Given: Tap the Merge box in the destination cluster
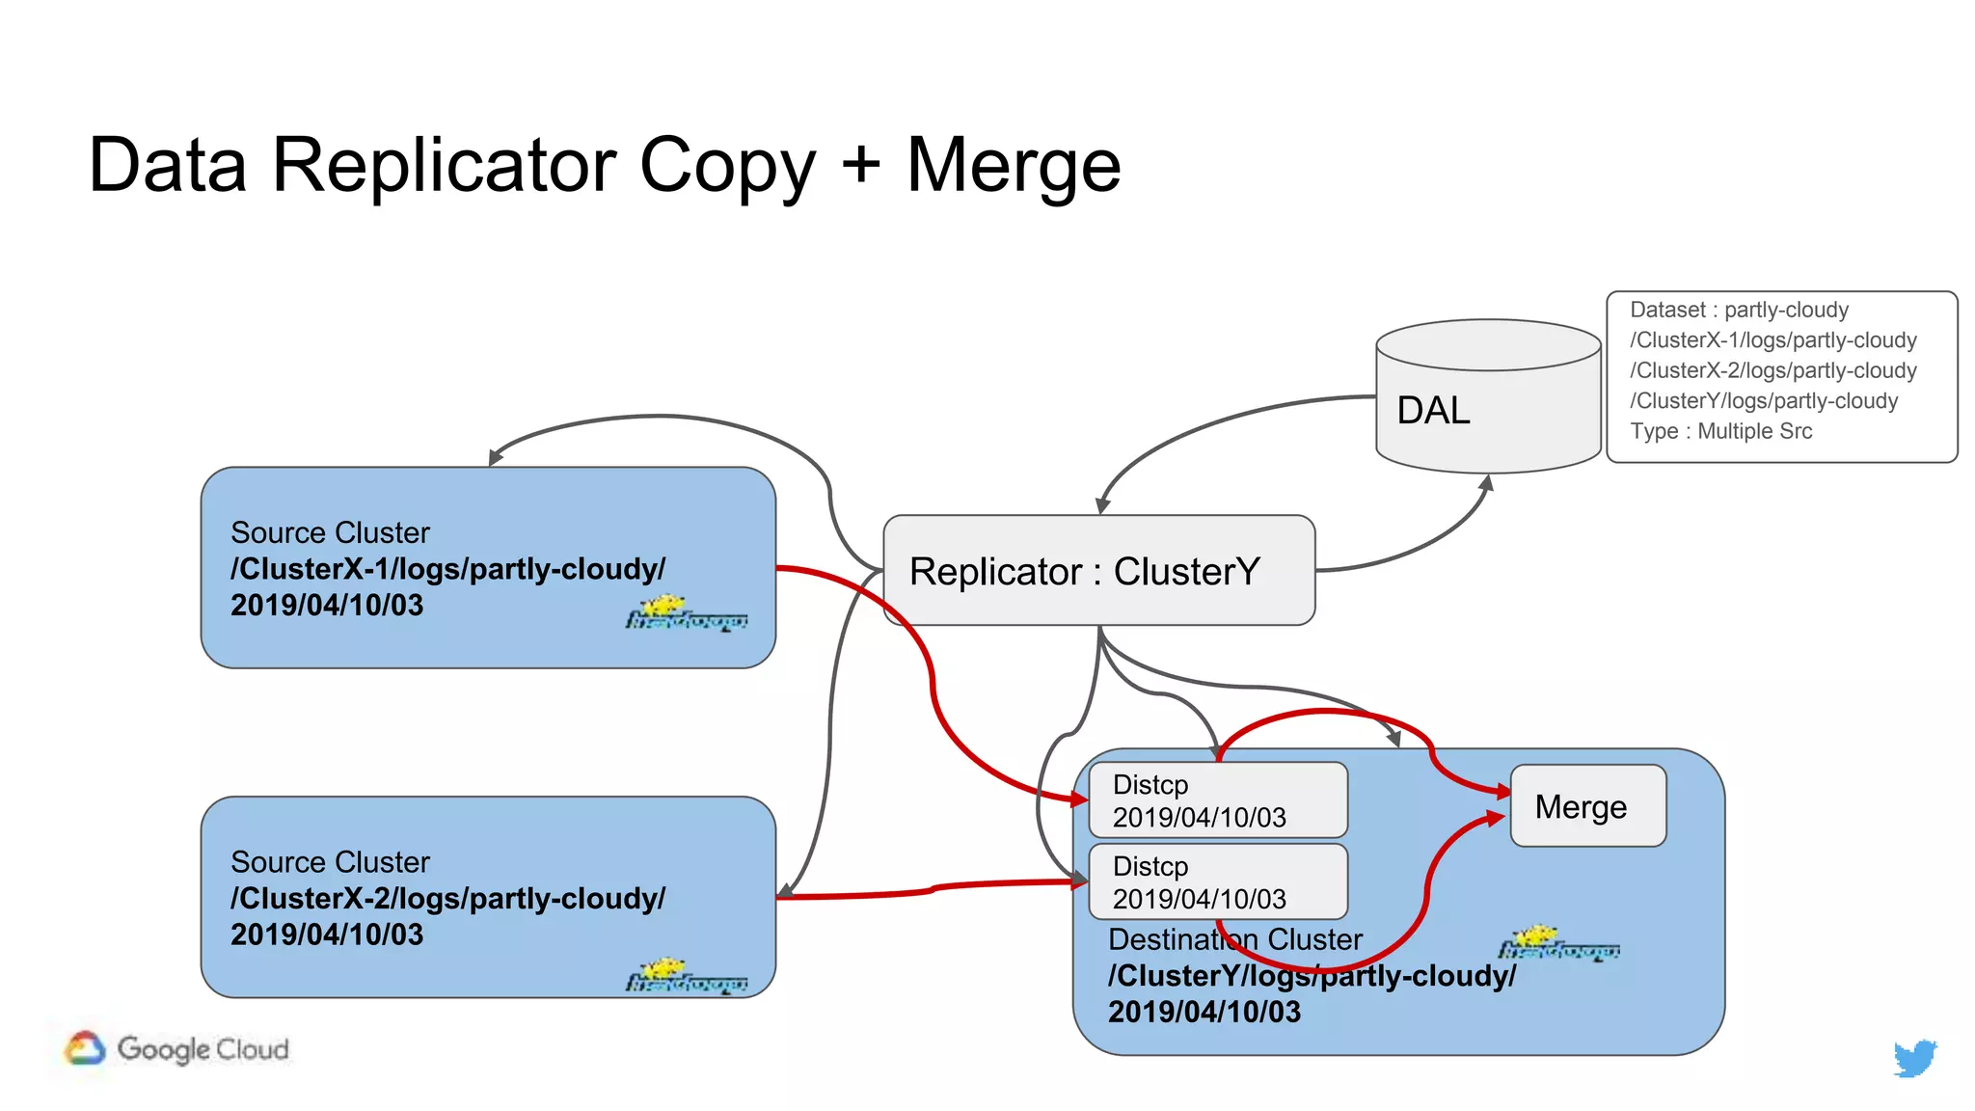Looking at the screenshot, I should coord(1586,806).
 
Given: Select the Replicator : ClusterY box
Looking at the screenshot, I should coord(1098,571).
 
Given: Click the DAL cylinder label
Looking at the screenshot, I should coord(1433,411).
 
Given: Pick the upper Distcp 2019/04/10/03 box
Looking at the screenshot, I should coord(1217,800).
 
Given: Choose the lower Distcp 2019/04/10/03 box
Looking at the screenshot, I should coord(1217,881).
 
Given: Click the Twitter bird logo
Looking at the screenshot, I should coord(1914,1057).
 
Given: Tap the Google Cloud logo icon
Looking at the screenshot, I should coord(85,1048).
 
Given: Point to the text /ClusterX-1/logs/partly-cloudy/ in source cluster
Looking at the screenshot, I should coord(447,569).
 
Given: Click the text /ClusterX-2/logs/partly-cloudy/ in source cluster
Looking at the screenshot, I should coord(447,898).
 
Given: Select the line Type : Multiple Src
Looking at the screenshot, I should coord(1720,431).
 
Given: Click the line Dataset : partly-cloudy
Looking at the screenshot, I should coord(1738,310).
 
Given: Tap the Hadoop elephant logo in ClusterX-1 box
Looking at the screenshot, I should coord(686,613).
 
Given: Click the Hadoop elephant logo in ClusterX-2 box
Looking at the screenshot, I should coord(686,976).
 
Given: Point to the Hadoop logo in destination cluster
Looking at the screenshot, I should coord(1557,944).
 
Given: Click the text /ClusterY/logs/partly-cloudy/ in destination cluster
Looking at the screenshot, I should coord(1312,975).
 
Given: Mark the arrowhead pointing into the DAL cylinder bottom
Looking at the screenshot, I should coord(1487,482).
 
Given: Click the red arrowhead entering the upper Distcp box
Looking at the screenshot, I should coord(1079,799).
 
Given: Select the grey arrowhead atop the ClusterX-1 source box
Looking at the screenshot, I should coord(496,457).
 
